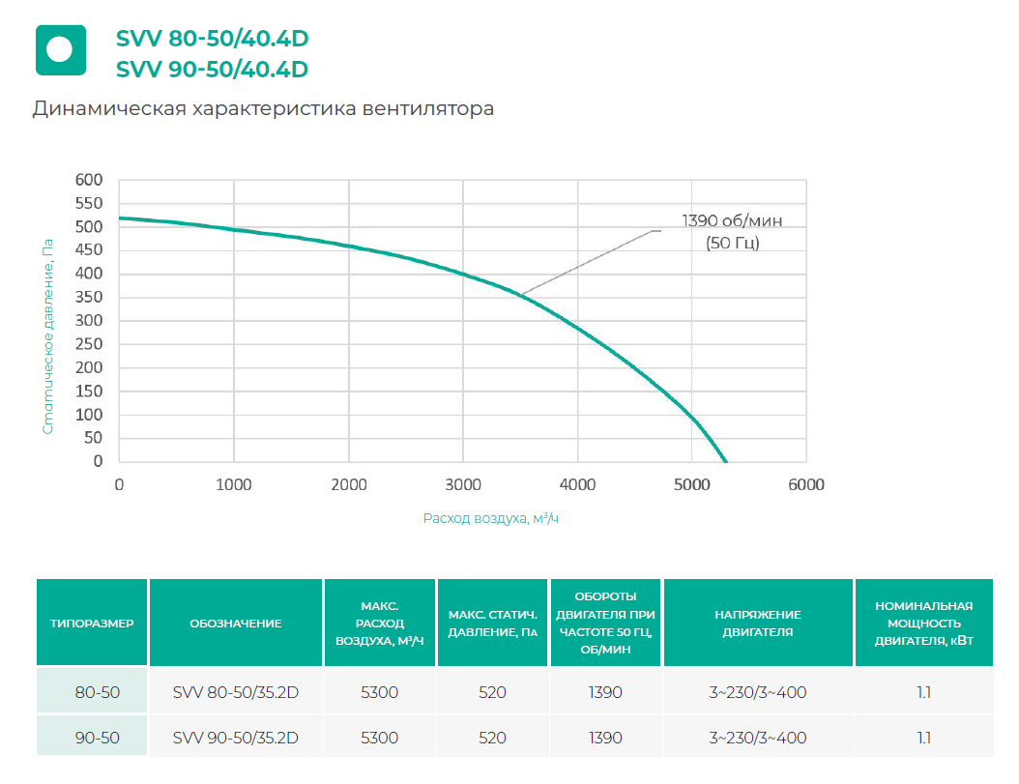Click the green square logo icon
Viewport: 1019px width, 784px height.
coord(61,49)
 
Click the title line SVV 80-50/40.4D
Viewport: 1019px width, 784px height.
coord(212,39)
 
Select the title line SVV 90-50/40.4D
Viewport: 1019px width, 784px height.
coord(212,69)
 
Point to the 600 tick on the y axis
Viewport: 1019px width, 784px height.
coord(89,180)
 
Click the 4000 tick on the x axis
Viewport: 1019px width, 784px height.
coord(577,484)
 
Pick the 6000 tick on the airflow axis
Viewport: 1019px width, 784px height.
coord(805,484)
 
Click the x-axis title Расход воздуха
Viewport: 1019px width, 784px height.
coord(491,519)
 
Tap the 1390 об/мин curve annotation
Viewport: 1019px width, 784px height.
coord(733,231)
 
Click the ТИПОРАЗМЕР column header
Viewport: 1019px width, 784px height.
coord(92,624)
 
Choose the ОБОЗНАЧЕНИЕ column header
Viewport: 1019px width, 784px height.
coord(236,624)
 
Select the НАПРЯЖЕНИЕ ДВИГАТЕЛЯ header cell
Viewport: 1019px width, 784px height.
coord(758,624)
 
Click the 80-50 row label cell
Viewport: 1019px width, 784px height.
coord(92,692)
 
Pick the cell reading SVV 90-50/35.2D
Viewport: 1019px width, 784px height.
coord(236,738)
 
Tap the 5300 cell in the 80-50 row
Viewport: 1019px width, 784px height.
coord(379,692)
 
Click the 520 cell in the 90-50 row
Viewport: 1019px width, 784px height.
coord(492,738)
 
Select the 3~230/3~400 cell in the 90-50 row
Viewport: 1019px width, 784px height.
coord(758,738)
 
